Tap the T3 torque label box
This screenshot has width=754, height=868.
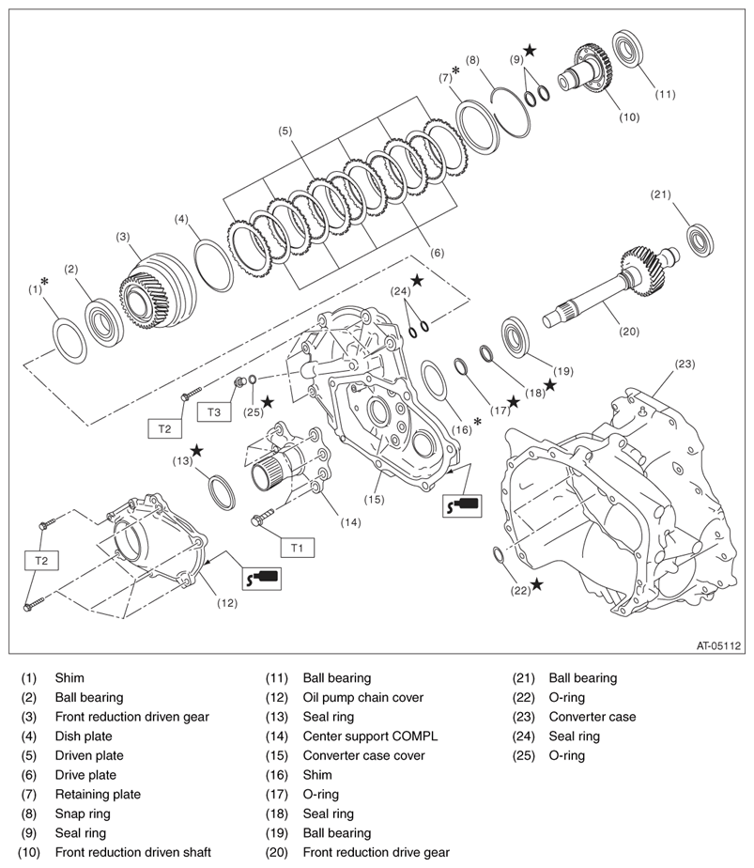214,411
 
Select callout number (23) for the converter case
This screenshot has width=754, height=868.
685,364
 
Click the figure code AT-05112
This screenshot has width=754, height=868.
718,645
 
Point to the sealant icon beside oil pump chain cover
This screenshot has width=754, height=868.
260,578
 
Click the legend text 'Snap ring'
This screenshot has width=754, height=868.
83,814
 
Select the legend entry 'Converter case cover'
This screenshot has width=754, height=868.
363,755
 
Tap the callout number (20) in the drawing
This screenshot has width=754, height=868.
603,332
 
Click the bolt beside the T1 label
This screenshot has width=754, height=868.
260,518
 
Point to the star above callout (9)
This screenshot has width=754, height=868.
531,49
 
